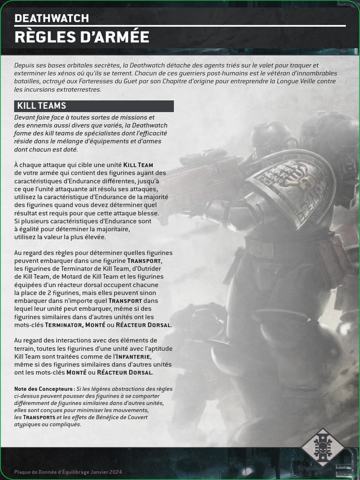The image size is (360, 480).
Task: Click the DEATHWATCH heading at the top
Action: point(52,18)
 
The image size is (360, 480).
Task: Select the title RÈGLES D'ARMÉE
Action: point(82,37)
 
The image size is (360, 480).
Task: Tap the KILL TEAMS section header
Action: point(42,106)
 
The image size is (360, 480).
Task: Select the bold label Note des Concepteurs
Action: point(44,389)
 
